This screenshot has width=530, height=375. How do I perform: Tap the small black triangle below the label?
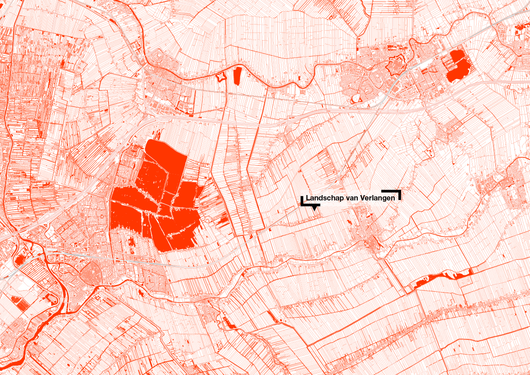point(315,208)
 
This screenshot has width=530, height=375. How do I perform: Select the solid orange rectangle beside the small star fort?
point(237,75)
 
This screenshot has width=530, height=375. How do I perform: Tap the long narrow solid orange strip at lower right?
point(441,278)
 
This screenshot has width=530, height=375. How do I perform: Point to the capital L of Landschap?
point(308,198)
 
